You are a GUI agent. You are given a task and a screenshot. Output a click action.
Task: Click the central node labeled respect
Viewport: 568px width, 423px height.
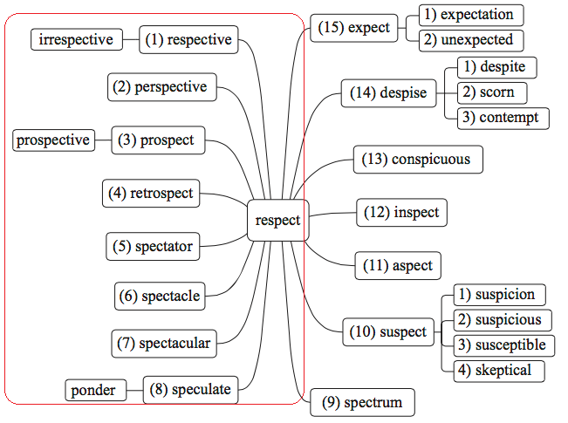coord(277,221)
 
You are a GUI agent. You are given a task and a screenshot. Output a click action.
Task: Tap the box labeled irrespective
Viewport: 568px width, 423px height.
coord(76,39)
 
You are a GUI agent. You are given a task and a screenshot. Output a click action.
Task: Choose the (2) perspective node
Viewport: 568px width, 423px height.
coord(163,87)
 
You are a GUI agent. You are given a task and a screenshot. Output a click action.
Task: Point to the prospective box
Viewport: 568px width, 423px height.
coord(53,140)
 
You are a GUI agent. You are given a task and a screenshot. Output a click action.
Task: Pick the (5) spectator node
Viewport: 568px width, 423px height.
coord(152,247)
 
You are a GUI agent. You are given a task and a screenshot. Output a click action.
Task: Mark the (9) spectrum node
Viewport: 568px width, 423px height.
coord(363,403)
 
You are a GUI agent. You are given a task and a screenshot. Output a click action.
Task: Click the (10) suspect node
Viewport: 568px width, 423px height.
coord(389,332)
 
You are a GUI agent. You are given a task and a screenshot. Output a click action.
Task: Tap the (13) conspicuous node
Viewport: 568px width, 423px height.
coord(418,160)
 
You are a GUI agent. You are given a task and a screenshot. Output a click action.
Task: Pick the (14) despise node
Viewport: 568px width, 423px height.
coord(389,93)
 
